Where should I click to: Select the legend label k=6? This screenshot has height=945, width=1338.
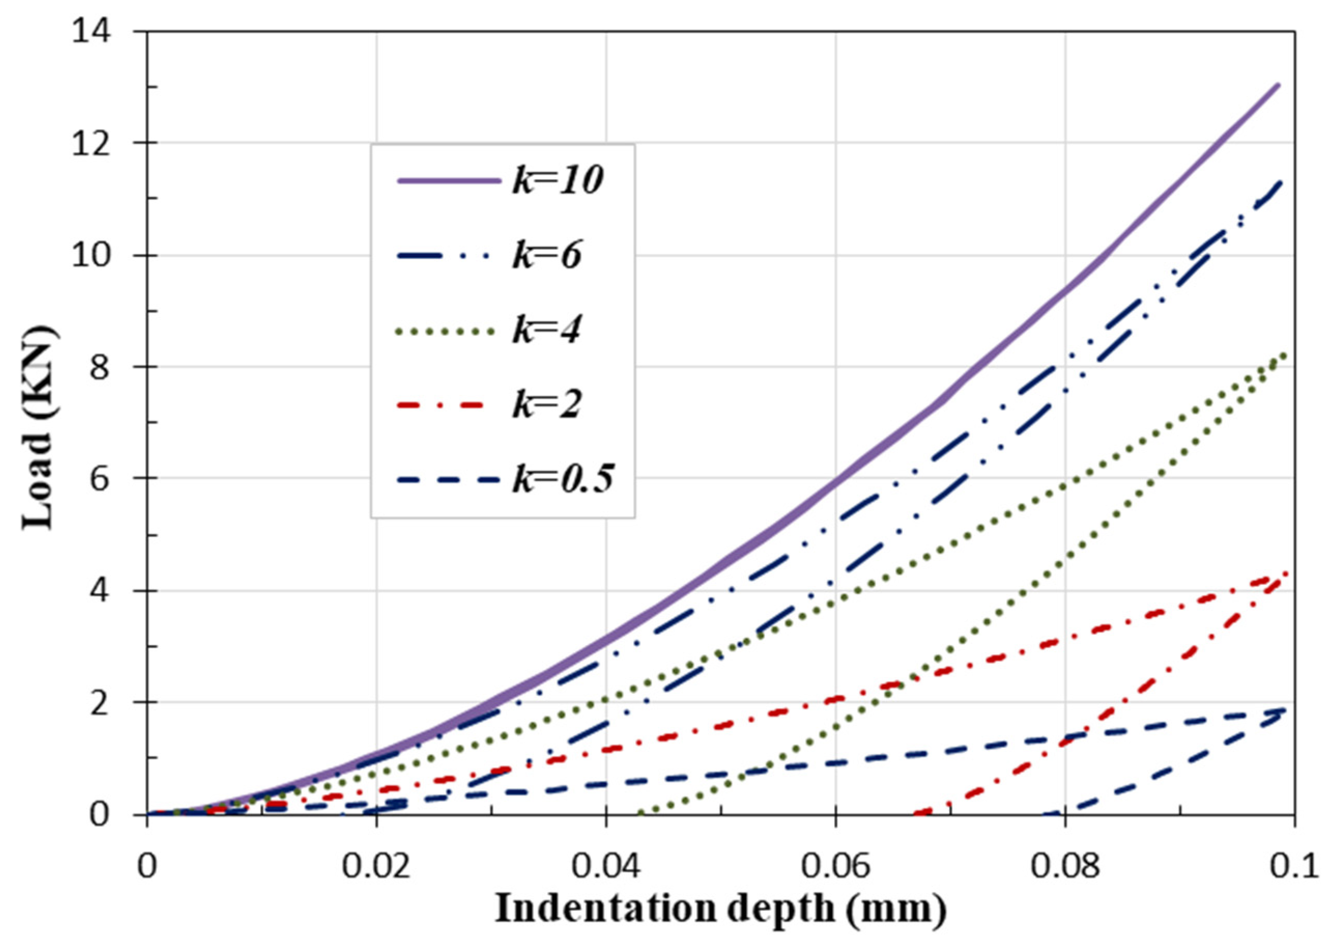click(x=546, y=255)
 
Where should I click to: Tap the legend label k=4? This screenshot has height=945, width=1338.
click(x=546, y=331)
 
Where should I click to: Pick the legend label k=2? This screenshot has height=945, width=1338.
click(x=546, y=404)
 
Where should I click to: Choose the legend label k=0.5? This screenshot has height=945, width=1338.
click(x=563, y=480)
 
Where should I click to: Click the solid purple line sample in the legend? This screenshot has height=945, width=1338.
click(x=449, y=181)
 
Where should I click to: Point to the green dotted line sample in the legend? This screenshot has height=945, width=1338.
click(x=445, y=331)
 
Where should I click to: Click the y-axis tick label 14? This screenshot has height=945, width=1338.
click(x=93, y=32)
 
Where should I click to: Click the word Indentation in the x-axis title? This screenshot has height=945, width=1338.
click(x=606, y=908)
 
